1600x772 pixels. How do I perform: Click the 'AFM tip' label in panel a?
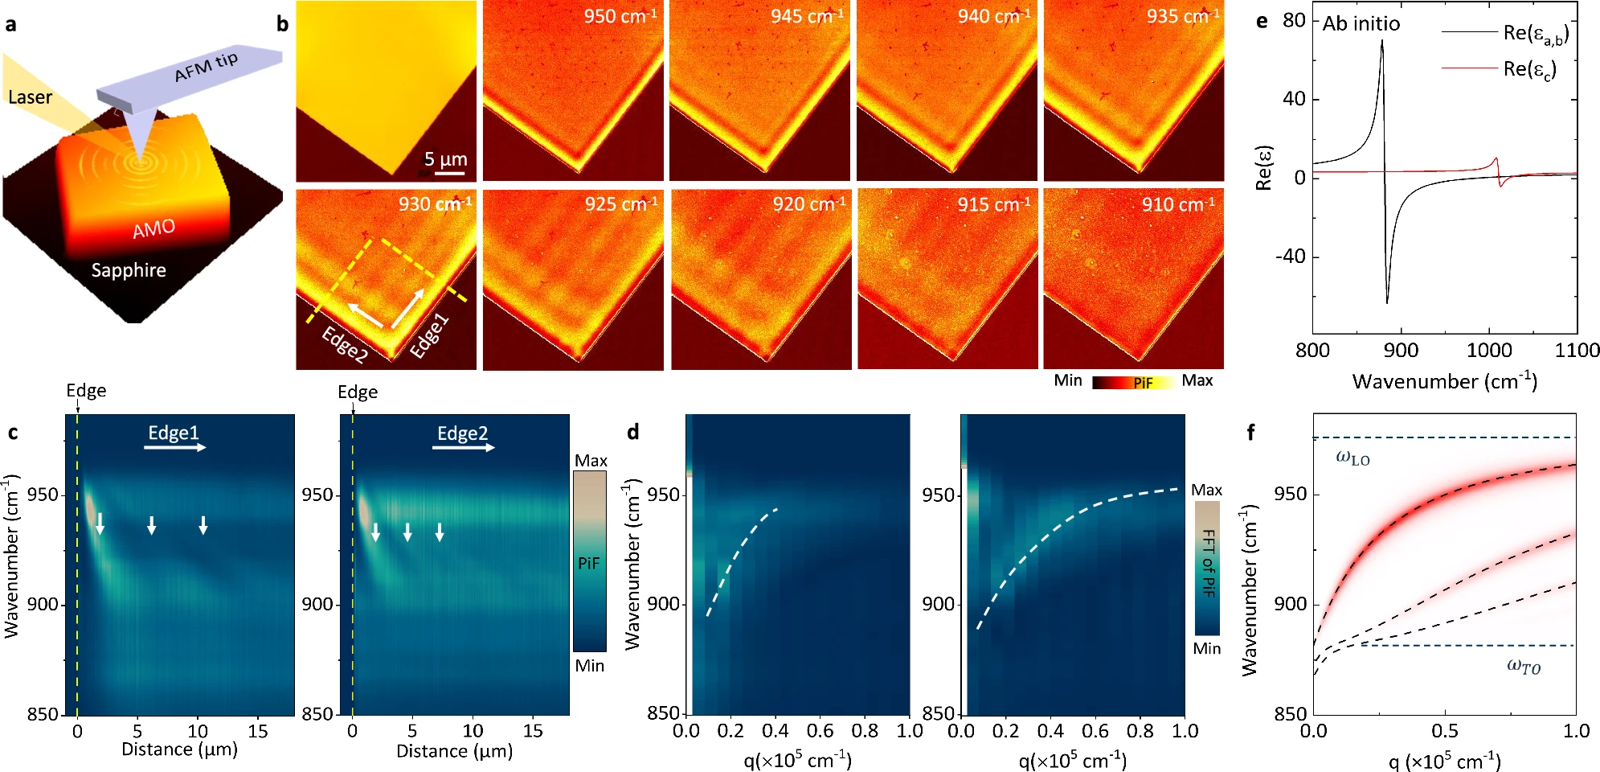(x=207, y=67)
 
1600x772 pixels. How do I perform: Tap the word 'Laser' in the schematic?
(x=30, y=97)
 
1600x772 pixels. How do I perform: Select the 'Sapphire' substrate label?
(x=129, y=270)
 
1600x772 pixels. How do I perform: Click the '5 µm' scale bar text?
(x=445, y=158)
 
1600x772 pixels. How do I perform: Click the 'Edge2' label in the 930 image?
(x=345, y=345)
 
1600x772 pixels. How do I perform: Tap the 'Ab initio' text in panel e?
(x=1361, y=23)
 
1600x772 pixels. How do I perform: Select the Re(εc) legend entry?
(x=1499, y=69)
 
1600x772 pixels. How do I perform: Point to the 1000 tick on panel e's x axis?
(x=1489, y=351)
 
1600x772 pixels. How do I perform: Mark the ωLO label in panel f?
(x=1352, y=458)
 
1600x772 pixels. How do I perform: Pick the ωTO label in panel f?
(x=1524, y=666)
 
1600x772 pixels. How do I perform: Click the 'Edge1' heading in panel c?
(x=173, y=433)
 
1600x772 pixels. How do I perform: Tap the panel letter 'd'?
(x=633, y=432)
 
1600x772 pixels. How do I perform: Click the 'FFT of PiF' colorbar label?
(x=1208, y=563)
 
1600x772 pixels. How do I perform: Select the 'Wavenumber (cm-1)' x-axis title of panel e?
(x=1445, y=380)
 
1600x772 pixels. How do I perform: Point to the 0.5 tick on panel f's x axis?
(x=1445, y=731)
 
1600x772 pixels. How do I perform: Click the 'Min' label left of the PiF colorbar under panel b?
(x=1068, y=380)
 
